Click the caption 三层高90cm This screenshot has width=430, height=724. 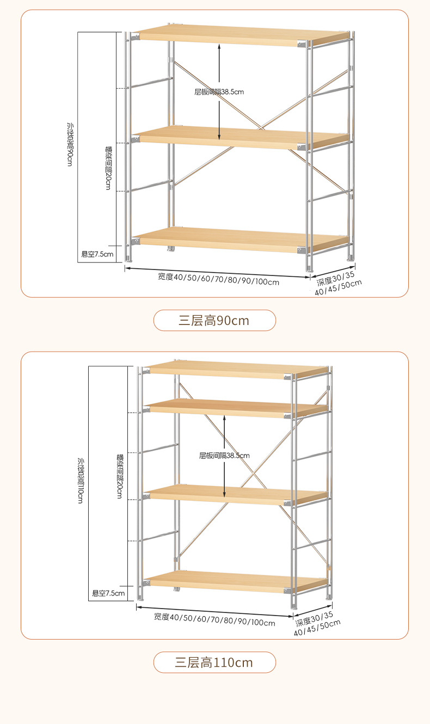point(214,321)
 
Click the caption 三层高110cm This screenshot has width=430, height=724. point(214,662)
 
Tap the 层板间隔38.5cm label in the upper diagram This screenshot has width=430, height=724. point(219,91)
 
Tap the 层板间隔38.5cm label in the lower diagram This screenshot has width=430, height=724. point(224,455)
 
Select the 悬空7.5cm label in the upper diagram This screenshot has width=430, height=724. point(97,254)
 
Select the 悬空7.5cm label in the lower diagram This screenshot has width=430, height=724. point(108,593)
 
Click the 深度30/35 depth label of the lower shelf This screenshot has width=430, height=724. point(314,618)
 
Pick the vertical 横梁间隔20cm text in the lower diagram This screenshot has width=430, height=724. point(120,476)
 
